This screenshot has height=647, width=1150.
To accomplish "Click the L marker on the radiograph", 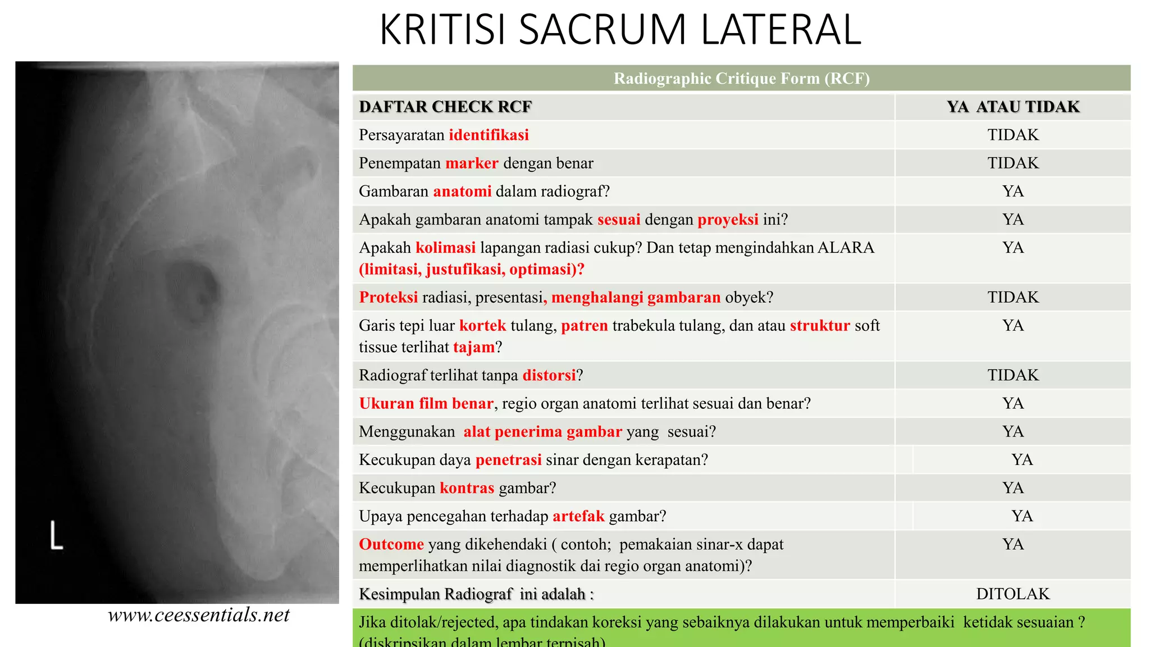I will pos(56,535).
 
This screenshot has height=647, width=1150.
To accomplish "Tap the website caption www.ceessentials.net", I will pos(199,615).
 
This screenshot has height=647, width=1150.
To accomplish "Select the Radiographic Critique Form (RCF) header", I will pos(741,78).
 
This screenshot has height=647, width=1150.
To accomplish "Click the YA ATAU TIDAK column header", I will pos(1013,107).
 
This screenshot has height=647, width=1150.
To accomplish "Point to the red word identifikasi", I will pos(489,135).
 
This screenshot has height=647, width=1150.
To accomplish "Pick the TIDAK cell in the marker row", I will pos(1013,163).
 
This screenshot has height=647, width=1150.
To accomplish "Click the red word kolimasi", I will pos(445,248).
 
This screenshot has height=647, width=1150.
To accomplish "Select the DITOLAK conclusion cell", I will pos(1013,594).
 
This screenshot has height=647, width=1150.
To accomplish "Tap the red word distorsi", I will pos(549,375).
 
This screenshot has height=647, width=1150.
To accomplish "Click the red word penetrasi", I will pos(508,460).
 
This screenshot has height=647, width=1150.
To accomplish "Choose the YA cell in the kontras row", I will pos(1013,488).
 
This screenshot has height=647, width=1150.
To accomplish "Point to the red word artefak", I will pos(578,516).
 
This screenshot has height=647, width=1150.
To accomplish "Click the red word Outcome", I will pos(391,544).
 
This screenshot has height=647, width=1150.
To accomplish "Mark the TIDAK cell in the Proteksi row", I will pos(1013,297).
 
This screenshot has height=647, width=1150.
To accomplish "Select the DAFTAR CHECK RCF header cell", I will pos(445,107).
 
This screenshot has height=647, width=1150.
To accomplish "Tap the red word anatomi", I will pos(462,192).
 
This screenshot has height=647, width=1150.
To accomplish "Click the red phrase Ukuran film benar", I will pos(426,403).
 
